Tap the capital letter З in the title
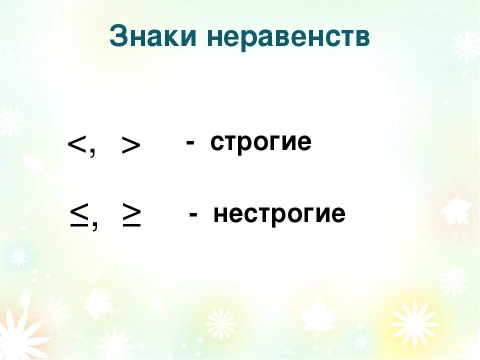118,36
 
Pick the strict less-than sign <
77,145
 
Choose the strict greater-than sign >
131,146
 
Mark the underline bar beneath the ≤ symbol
78,226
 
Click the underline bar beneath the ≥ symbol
131,226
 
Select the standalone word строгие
260,143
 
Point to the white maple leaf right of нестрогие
455,210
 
